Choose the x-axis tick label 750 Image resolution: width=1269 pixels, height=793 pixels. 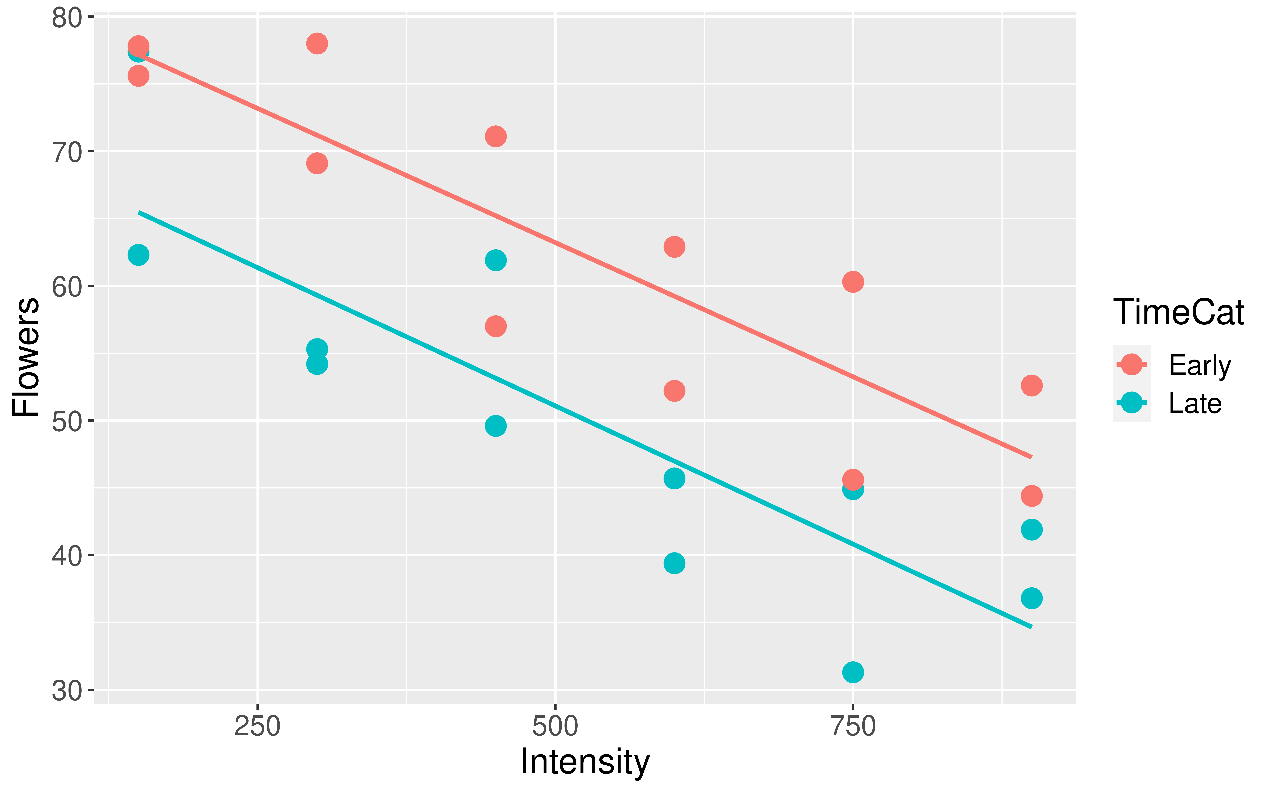(x=853, y=727)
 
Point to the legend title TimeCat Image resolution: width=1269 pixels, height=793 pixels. (x=1178, y=313)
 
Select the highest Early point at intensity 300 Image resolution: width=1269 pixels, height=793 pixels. (x=317, y=43)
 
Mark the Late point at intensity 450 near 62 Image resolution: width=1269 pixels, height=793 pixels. (x=496, y=260)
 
